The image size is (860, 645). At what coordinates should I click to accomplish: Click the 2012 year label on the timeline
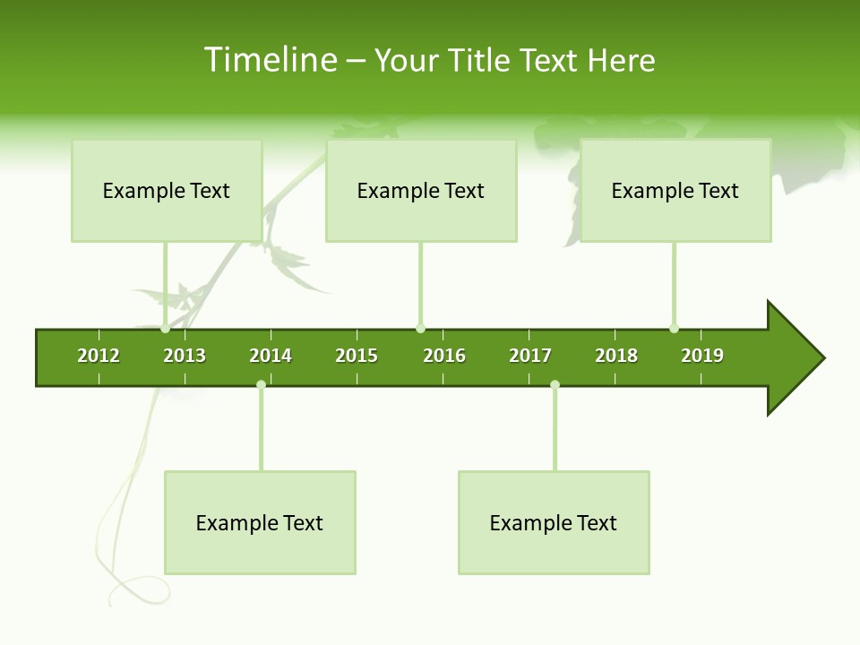point(99,356)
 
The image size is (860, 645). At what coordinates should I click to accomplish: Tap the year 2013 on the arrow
point(185,356)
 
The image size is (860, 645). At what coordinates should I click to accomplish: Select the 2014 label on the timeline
point(271,356)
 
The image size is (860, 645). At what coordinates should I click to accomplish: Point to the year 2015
point(357,356)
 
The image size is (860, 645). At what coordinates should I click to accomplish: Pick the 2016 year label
point(444,356)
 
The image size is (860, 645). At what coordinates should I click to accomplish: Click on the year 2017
point(530,356)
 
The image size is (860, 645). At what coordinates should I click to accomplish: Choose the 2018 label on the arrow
point(616,356)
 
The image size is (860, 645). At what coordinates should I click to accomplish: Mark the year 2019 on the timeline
point(702,356)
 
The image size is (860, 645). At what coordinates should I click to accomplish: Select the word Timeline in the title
point(270,60)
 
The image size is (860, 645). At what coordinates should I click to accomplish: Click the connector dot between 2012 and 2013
point(165,329)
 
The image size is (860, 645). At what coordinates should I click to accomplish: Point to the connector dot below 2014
point(261,385)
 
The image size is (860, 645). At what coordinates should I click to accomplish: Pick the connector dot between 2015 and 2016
point(420,329)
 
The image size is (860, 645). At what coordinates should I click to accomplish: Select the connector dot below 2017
point(555,385)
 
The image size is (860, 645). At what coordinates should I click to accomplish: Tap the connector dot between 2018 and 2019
point(674,329)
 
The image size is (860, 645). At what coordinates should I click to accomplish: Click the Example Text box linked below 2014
point(260,522)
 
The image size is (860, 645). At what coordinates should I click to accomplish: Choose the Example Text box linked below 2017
point(554,522)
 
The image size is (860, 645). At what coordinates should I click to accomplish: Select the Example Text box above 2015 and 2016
point(421,190)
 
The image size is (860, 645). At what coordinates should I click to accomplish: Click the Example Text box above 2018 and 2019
point(675,190)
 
